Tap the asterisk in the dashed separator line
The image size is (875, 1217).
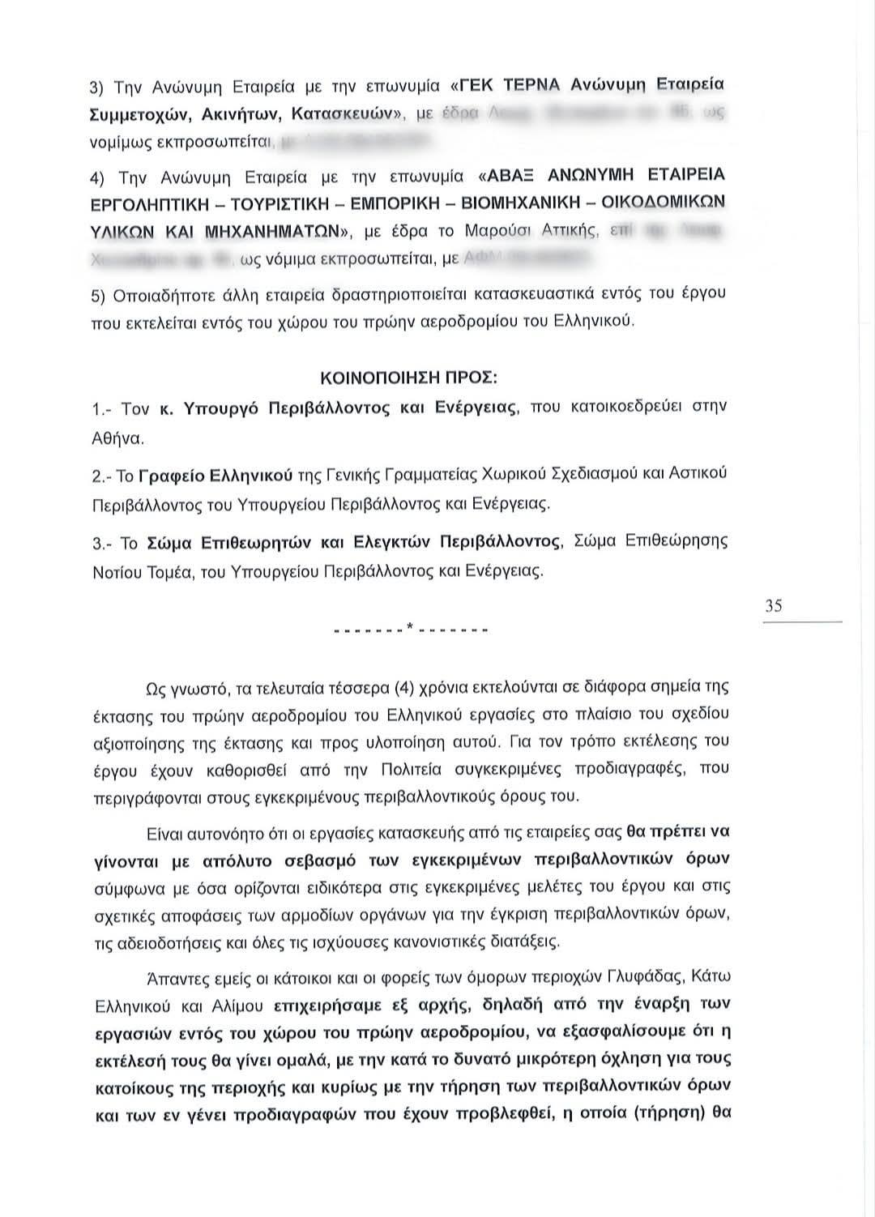[412, 627]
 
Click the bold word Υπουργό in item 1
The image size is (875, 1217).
[222, 408]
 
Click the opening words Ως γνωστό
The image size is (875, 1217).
[178, 690]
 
